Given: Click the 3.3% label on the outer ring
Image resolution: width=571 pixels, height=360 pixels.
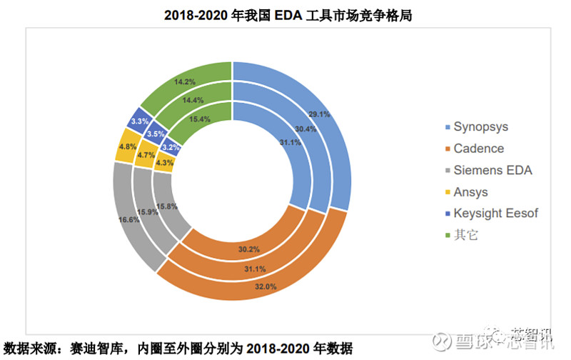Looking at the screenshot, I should pyautogui.click(x=139, y=121).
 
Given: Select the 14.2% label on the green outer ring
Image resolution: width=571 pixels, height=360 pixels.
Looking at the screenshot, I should pyautogui.click(x=184, y=81).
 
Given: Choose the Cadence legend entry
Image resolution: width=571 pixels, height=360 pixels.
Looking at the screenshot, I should pyautogui.click(x=479, y=149).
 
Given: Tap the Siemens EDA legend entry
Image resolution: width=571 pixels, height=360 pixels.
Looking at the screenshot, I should pyautogui.click(x=492, y=170).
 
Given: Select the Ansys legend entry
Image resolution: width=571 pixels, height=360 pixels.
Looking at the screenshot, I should pyautogui.click(x=471, y=191).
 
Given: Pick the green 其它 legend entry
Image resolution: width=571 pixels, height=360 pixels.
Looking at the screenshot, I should pyautogui.click(x=467, y=234).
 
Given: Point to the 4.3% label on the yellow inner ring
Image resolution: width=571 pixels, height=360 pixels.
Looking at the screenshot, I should pyautogui.click(x=165, y=163).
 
